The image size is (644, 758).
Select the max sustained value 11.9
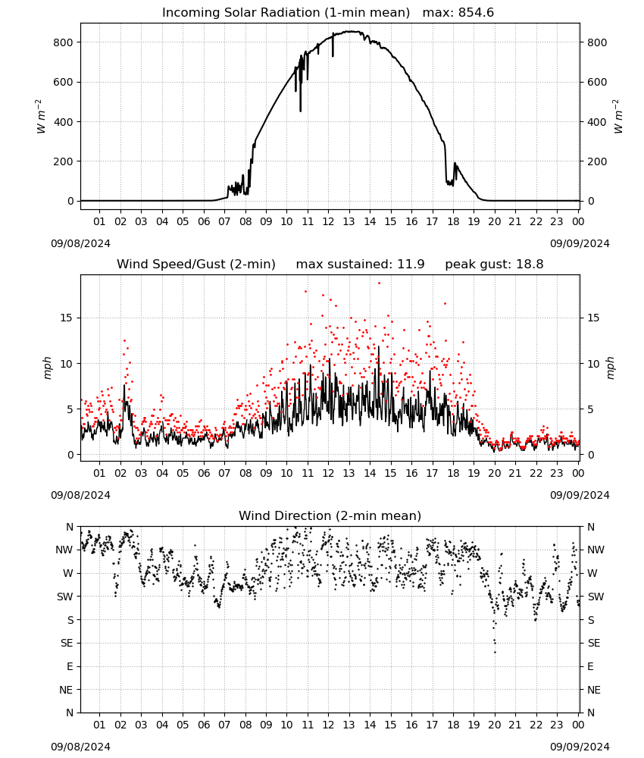tap(411, 264)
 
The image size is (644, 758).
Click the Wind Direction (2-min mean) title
tap(330, 515)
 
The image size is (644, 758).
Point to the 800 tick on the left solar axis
tap(63, 42)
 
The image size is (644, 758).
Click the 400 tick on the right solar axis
tap(597, 122)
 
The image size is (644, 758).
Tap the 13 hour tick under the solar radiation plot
tap(349, 221)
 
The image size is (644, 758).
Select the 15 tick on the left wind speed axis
tap(67, 318)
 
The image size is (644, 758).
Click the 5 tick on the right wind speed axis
tap(590, 409)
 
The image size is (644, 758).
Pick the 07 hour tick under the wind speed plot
tap(224, 473)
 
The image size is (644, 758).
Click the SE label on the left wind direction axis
tap(67, 643)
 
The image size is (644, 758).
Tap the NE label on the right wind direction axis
tap(594, 690)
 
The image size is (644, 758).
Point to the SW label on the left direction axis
tap(64, 597)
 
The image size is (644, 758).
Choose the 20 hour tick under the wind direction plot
tap(494, 725)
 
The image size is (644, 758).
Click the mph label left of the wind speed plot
tap(47, 368)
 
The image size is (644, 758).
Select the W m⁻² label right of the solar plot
tap(618, 117)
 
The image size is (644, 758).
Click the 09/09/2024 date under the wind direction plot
tap(580, 747)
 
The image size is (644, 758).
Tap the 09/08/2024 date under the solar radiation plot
tap(80, 243)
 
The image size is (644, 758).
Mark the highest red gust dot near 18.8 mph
tap(380, 283)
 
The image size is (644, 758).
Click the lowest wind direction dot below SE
tap(495, 652)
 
